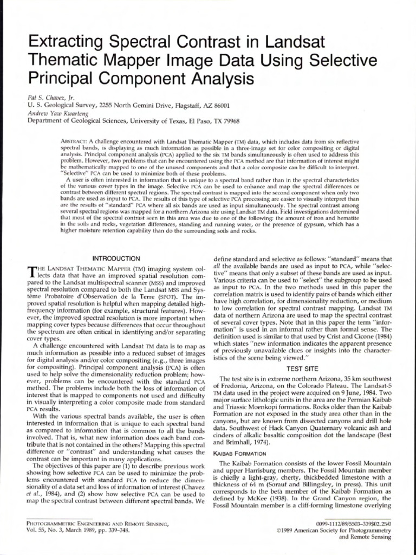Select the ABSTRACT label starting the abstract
tap(74, 141)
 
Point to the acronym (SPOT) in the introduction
tap(164, 296)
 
